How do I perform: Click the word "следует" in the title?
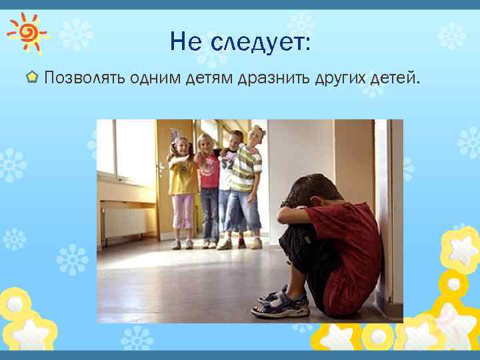[x=259, y=43]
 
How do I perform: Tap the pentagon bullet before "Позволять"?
[x=32, y=78]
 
